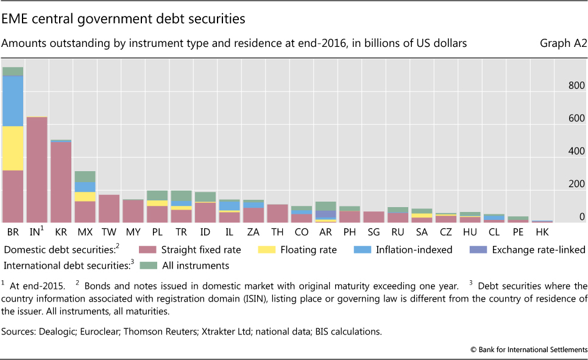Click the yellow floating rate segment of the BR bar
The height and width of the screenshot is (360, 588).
tap(12, 148)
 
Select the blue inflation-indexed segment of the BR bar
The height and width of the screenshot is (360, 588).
tap(12, 101)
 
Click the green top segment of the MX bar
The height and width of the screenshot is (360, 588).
tap(84, 177)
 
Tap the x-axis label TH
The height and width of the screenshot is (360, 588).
tap(278, 232)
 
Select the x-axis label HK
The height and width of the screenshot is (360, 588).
tap(541, 232)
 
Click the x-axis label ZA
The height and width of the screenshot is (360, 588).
tap(253, 232)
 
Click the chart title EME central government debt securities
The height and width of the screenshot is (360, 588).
tap(123, 19)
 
